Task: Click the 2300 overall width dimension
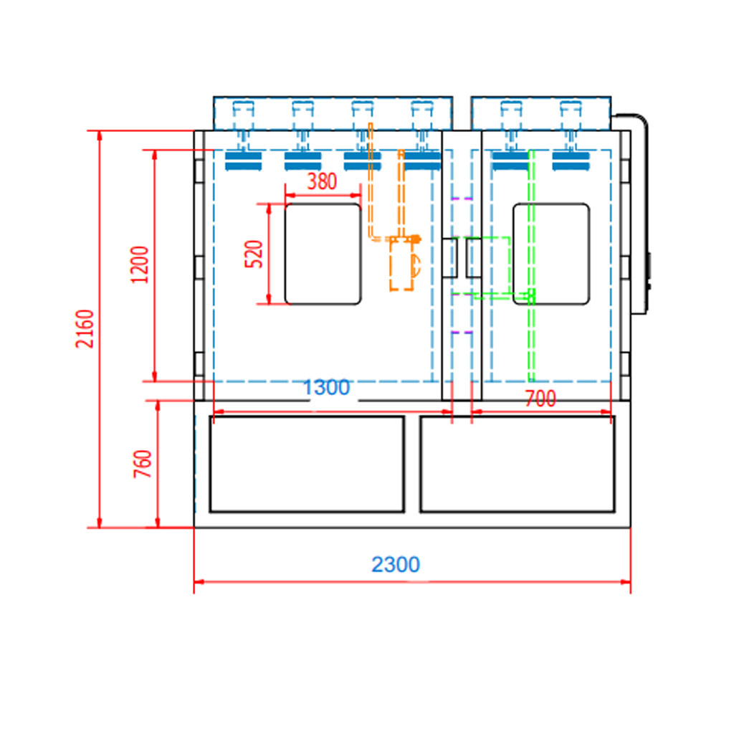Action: (x=396, y=565)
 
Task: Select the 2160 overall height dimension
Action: (x=85, y=329)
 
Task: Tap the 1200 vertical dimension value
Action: (x=140, y=264)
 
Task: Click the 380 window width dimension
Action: (x=322, y=181)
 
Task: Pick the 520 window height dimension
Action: (x=254, y=254)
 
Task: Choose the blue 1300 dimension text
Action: (x=326, y=388)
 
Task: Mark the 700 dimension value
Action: (x=540, y=399)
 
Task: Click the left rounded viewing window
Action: (x=323, y=254)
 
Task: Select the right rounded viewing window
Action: (x=550, y=254)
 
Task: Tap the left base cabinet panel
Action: (x=307, y=464)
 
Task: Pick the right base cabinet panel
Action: (x=517, y=464)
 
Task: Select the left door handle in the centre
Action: (x=451, y=257)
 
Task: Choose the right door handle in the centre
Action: (x=474, y=257)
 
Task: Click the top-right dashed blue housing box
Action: (x=541, y=113)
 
